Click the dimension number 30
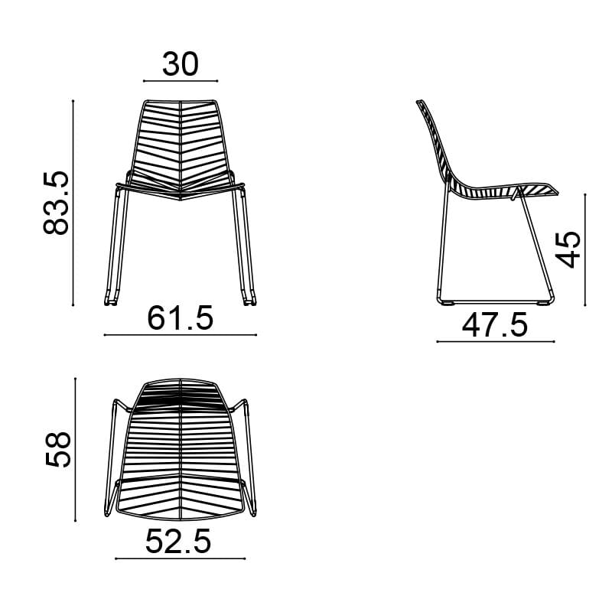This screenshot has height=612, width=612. click(181, 64)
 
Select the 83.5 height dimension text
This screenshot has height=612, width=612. click(56, 203)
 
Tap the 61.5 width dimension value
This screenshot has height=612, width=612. click(181, 318)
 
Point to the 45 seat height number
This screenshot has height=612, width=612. click(568, 249)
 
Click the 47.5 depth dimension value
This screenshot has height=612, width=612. click(494, 324)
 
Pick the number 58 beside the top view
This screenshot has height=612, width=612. click(58, 449)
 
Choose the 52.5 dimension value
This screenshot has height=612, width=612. click(178, 542)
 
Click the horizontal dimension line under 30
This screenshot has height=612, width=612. click(181, 81)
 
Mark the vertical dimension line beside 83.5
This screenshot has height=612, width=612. click(73, 203)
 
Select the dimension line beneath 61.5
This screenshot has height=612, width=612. click(181, 335)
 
